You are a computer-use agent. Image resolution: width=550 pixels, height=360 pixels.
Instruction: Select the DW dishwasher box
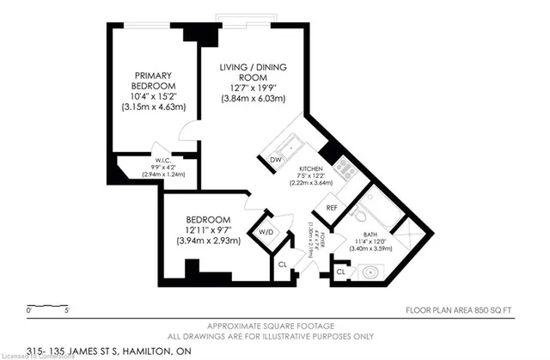[x=276, y=161]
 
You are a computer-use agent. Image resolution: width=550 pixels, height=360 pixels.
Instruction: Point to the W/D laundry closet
[x=265, y=231]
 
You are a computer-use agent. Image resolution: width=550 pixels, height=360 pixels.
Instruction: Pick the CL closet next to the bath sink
[x=341, y=272]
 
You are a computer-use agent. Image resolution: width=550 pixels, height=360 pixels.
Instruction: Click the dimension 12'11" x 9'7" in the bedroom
[x=207, y=229]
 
